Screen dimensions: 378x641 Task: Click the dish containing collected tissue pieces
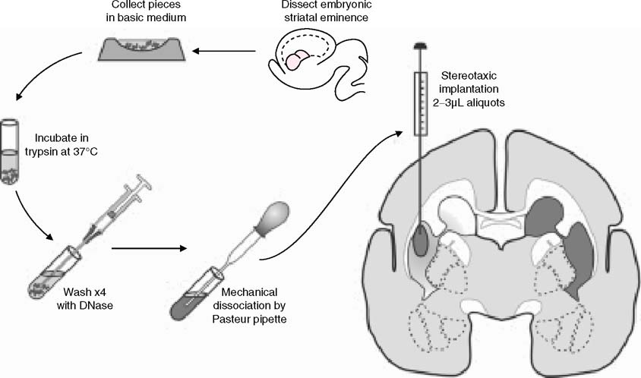[142, 50]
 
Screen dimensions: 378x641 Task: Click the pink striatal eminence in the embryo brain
[298, 61]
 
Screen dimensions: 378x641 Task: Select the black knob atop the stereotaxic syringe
[418, 47]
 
